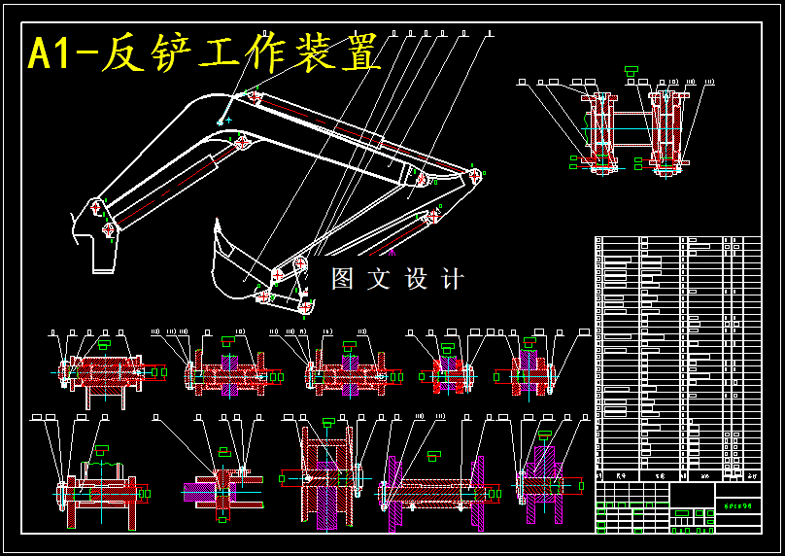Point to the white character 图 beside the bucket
tap(343, 279)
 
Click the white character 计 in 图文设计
tap(453, 279)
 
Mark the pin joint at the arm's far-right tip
tap(475, 176)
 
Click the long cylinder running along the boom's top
tap(330, 126)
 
